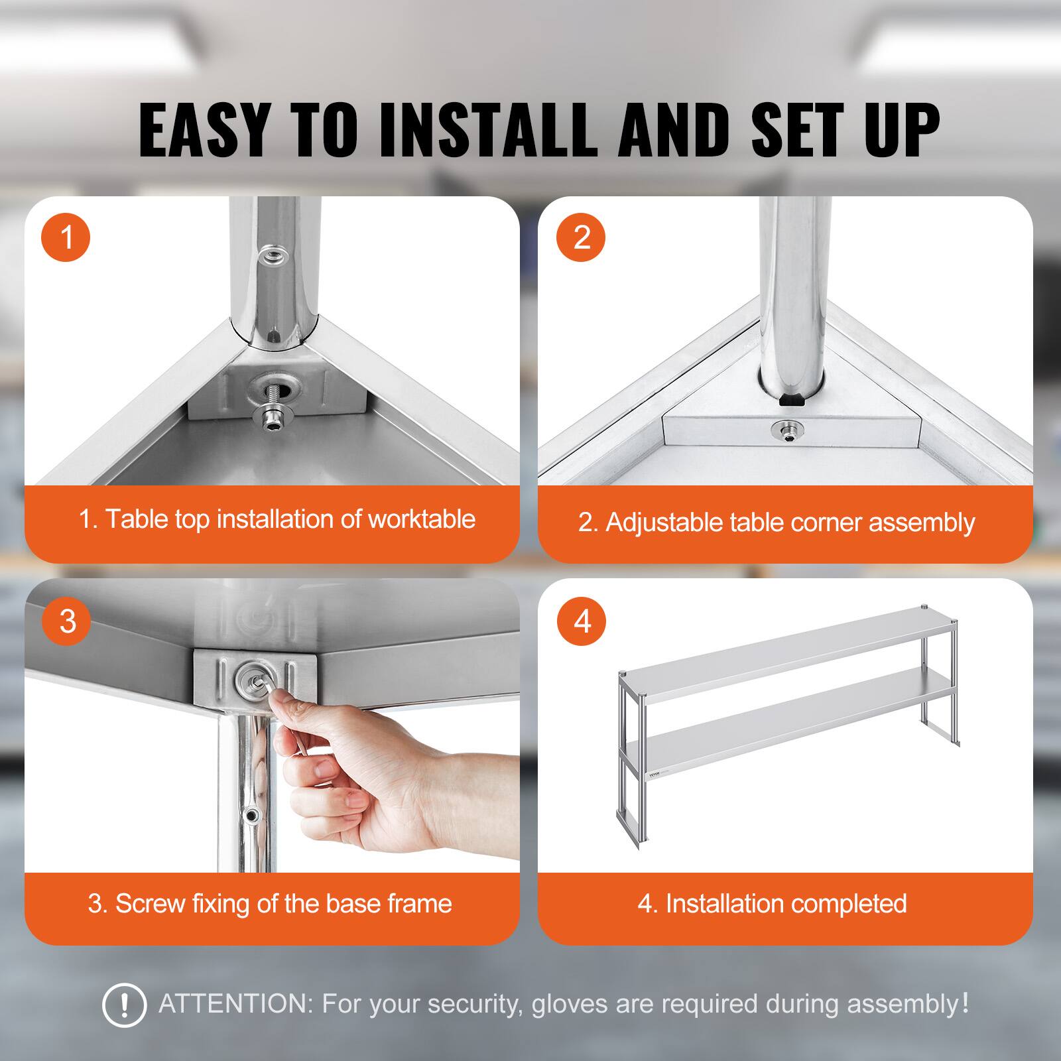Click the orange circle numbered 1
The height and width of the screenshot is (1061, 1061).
(66, 237)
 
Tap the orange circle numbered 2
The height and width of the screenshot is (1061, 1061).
(581, 237)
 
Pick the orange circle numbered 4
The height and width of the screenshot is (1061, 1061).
(581, 621)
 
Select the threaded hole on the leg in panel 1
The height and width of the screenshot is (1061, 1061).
(271, 255)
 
